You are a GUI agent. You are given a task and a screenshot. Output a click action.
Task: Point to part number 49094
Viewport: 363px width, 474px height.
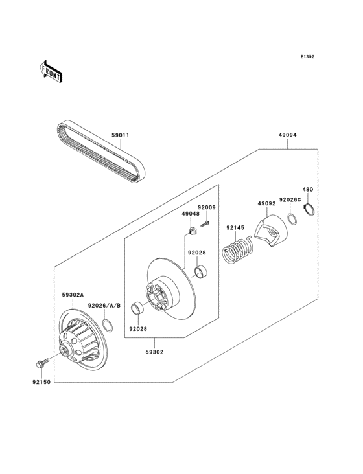tap(287, 136)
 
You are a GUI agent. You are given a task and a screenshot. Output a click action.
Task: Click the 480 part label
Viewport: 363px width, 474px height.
tap(308, 190)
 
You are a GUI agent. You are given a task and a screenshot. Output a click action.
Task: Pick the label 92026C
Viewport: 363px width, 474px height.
tap(289, 200)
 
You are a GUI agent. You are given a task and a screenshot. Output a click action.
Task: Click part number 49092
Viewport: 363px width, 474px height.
tap(267, 204)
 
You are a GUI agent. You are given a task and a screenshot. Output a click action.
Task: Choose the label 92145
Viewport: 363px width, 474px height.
tap(236, 228)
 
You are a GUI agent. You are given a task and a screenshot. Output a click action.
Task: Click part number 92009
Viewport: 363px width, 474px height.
tap(207, 207)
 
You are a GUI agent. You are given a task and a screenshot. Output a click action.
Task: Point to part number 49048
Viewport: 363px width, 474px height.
tap(190, 213)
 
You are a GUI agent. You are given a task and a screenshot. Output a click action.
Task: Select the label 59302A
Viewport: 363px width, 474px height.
tap(73, 295)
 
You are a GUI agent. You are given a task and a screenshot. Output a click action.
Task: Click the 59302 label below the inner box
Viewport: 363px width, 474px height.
tap(154, 352)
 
